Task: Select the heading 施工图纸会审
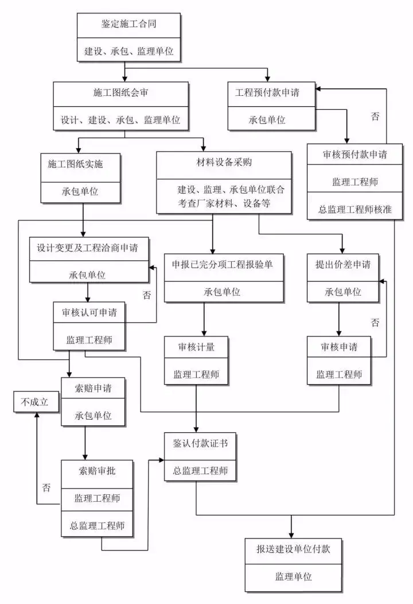tap(120, 92)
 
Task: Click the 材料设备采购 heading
tap(224, 162)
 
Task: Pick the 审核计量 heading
tap(197, 347)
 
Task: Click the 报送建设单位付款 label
tap(293, 549)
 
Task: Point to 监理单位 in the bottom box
tap(293, 576)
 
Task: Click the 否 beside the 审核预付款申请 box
tap(375, 117)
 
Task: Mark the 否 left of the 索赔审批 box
tap(46, 488)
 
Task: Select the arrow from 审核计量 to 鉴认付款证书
tap(197, 408)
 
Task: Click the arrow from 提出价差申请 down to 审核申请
tap(339, 319)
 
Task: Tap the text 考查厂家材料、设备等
tap(224, 202)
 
